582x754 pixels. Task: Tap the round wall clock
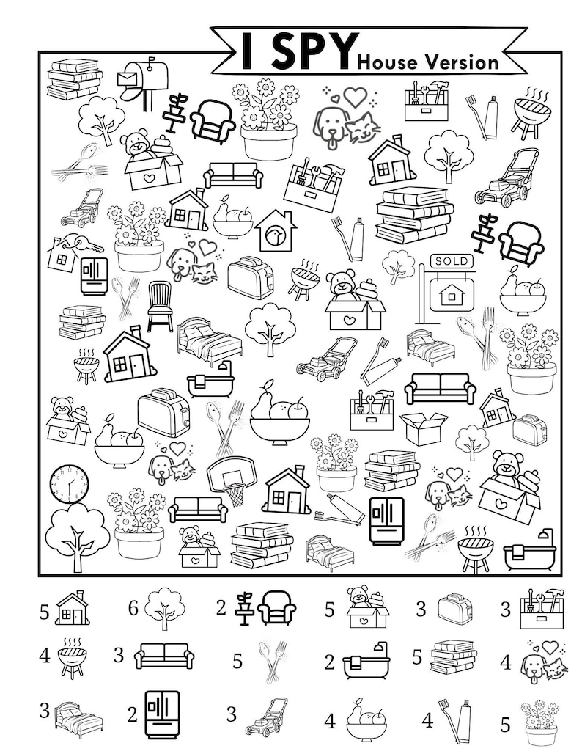click(x=69, y=484)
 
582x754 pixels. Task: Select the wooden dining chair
click(x=159, y=306)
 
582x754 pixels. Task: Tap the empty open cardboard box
click(x=424, y=428)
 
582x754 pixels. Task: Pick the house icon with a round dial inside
click(x=276, y=230)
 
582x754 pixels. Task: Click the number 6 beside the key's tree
click(x=133, y=608)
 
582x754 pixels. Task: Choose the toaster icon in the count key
click(x=454, y=609)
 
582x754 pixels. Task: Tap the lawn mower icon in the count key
click(x=266, y=716)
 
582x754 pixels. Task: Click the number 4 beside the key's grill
click(x=45, y=654)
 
